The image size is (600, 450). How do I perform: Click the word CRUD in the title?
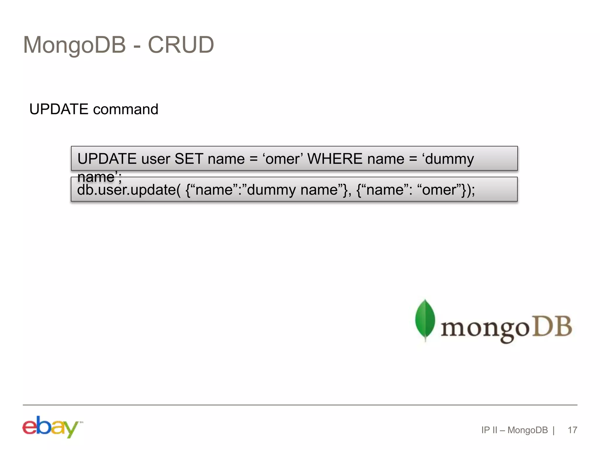[x=181, y=45]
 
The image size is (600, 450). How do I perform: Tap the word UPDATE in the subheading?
[x=59, y=109]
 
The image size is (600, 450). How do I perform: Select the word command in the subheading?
[x=126, y=109]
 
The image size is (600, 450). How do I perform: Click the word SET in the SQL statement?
[x=189, y=159]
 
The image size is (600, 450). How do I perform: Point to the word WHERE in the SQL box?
[x=335, y=159]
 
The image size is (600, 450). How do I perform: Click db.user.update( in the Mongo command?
[x=129, y=190]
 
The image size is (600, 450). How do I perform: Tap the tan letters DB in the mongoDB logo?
[x=552, y=326]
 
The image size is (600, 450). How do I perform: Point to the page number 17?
[x=572, y=430]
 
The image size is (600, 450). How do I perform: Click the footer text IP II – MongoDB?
[x=514, y=430]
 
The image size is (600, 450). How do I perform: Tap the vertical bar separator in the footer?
[x=554, y=430]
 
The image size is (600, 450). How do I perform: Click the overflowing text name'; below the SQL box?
[x=99, y=177]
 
